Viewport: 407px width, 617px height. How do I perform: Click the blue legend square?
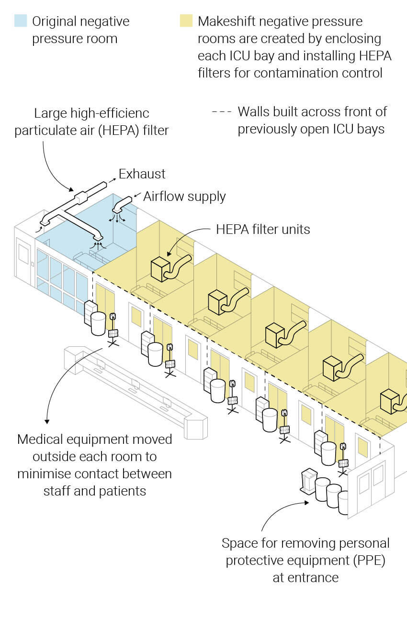pyautogui.click(x=21, y=21)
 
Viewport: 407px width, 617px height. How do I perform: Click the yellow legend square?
pyautogui.click(x=186, y=21)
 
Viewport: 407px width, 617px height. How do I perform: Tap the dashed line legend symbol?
pyautogui.click(x=222, y=112)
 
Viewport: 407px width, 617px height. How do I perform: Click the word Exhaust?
pyautogui.click(x=142, y=174)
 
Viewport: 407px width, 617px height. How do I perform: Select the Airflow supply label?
pyautogui.click(x=184, y=197)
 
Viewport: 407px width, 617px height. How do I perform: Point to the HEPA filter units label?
pyautogui.click(x=263, y=230)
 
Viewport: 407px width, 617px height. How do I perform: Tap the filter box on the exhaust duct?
pyautogui.click(x=81, y=197)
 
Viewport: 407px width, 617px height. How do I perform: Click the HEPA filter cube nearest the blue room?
pyautogui.click(x=160, y=269)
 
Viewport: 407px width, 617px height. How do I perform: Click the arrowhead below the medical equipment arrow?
pyautogui.click(x=47, y=422)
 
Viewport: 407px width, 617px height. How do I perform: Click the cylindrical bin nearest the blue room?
pyautogui.click(x=98, y=324)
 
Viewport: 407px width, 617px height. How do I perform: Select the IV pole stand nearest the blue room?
pyautogui.click(x=113, y=330)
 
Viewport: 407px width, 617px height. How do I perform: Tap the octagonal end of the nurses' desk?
pyautogui.click(x=196, y=428)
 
